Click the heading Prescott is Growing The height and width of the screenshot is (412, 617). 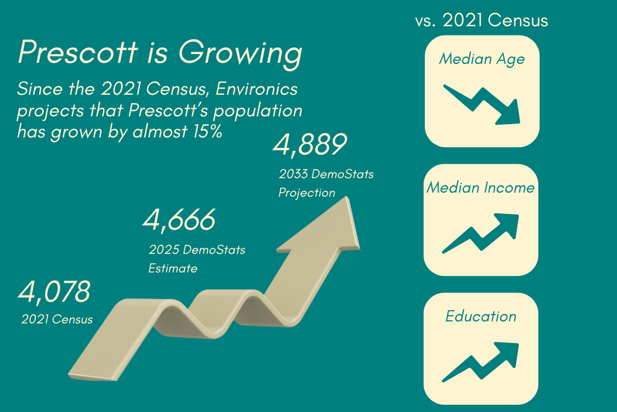point(159,54)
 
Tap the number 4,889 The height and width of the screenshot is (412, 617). point(308,145)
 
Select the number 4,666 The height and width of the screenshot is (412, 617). point(178,220)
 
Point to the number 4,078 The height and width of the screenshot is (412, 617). point(55,292)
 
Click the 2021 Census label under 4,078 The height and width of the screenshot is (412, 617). point(57,319)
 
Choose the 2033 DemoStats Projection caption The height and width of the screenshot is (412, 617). point(326,183)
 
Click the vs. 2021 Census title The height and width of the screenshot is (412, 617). point(481,21)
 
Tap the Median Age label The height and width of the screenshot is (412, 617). point(482,59)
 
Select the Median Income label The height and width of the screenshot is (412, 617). point(481,187)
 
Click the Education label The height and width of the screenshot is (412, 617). point(481,316)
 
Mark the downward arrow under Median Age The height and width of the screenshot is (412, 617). point(482,105)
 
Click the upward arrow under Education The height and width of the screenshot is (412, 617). point(481,362)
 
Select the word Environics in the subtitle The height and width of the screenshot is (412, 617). point(257,89)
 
